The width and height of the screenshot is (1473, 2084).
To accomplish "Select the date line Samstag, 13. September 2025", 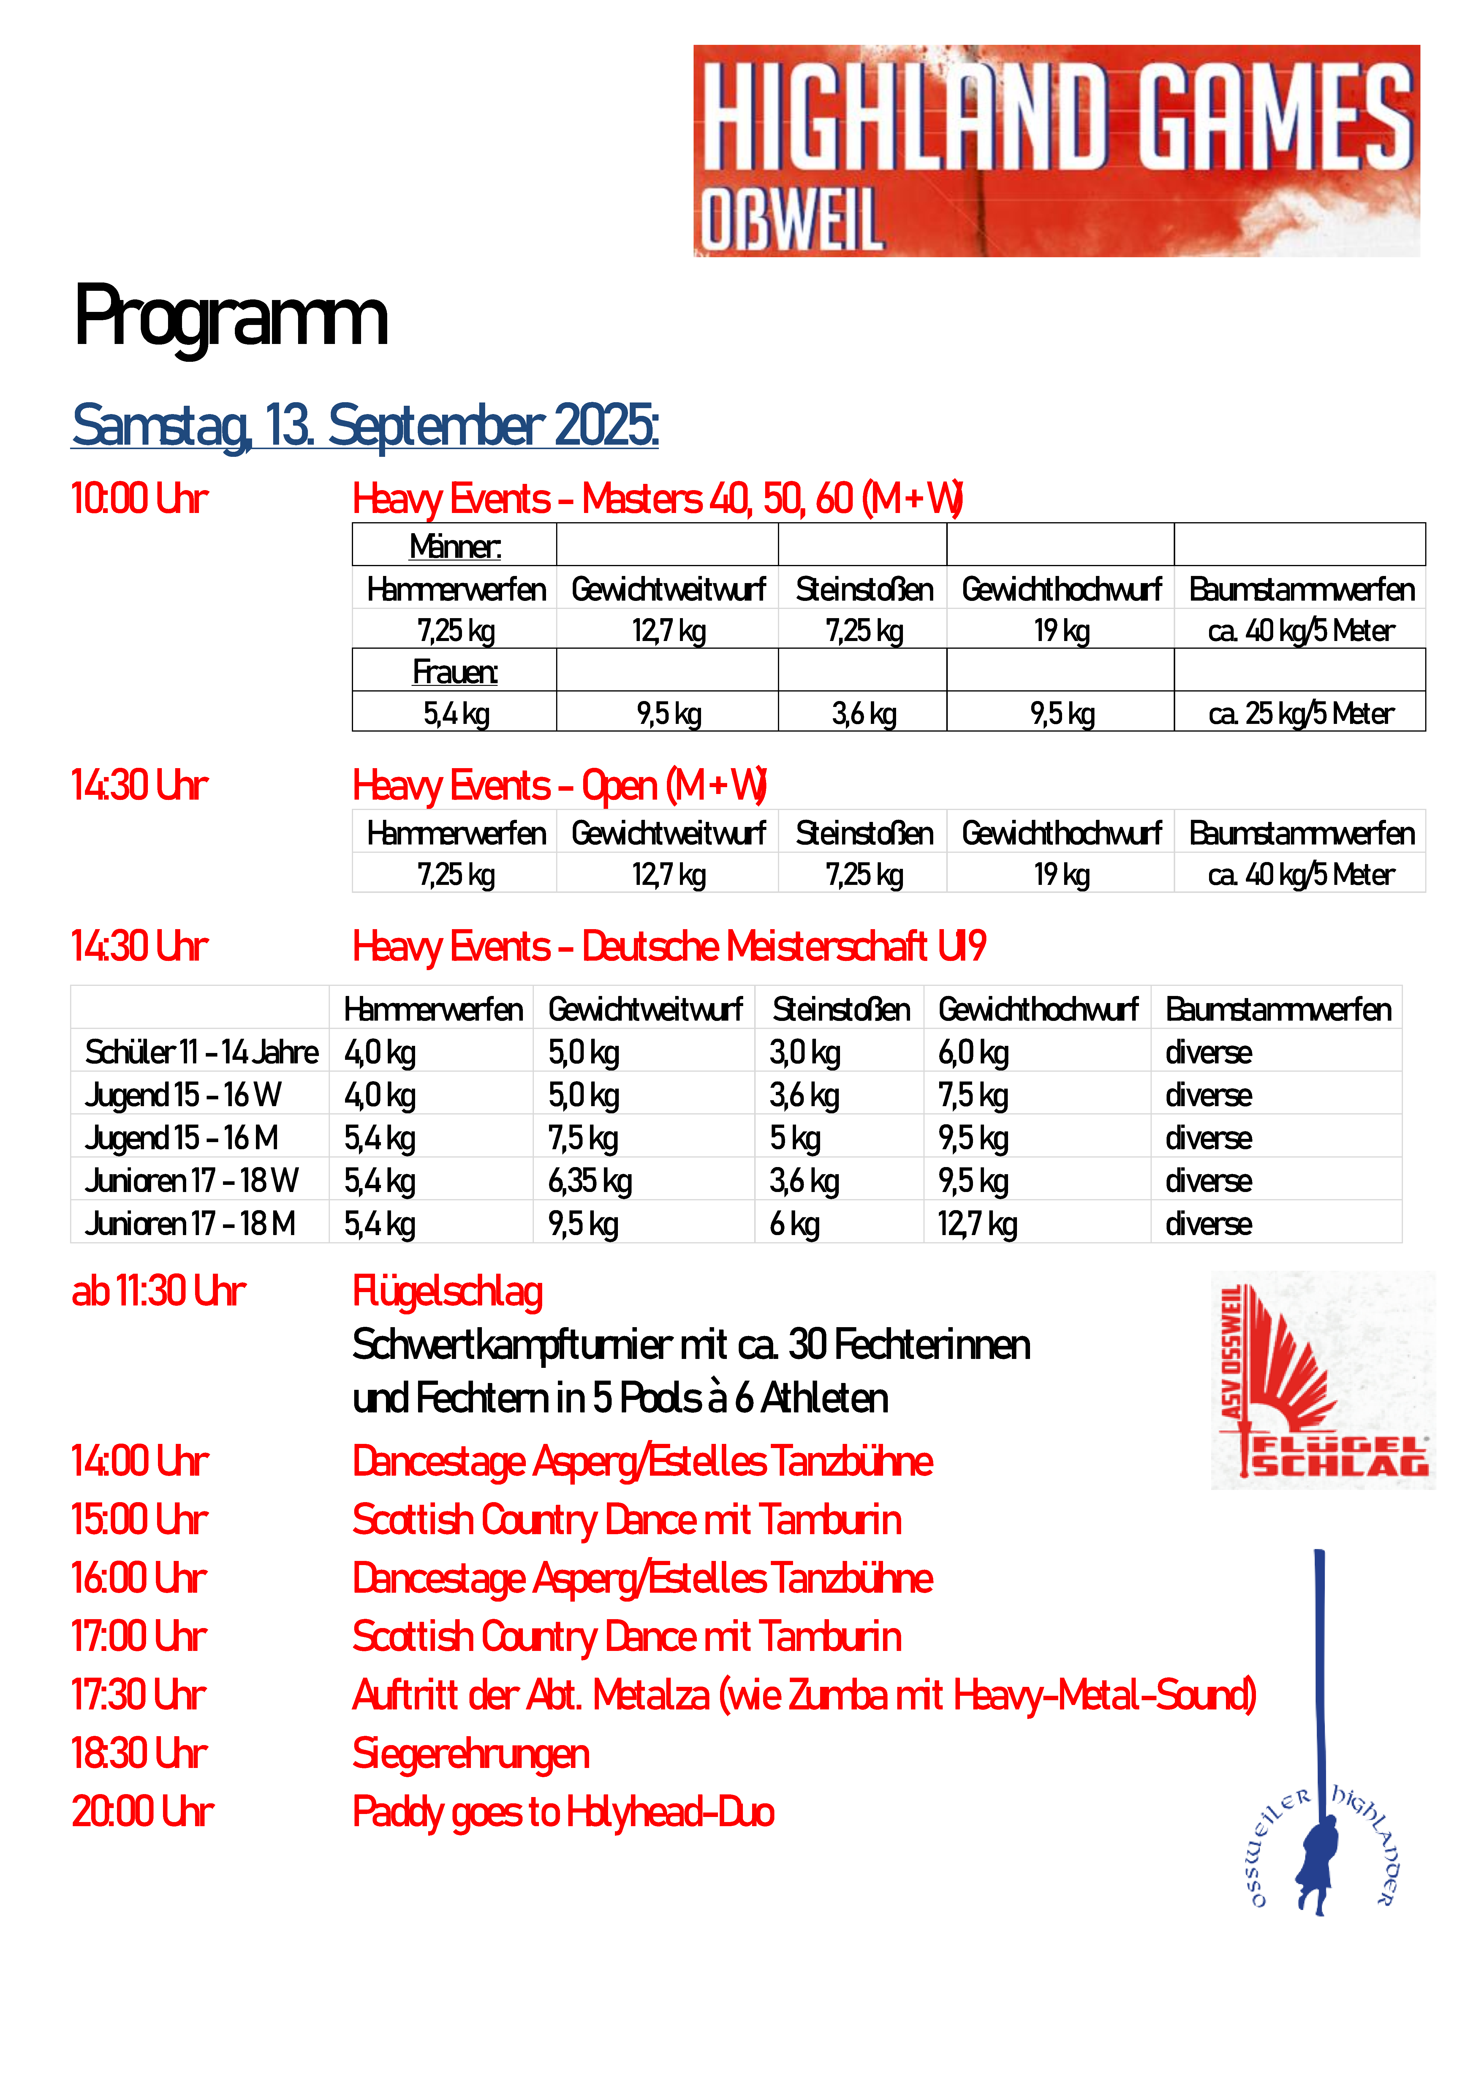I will pos(365,426).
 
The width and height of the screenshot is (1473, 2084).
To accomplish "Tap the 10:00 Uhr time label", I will pos(140,499).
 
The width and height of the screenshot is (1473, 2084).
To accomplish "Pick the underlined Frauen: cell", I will pos(455,672).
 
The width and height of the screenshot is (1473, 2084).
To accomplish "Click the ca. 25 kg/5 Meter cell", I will pos(1300,713).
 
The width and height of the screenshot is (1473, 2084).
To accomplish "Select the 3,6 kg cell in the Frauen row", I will pos(863,713).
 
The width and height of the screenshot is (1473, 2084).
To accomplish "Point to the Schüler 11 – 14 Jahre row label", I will pos(202,1052).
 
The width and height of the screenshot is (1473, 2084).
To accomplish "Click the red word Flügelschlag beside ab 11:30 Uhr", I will pos(447,1292).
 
